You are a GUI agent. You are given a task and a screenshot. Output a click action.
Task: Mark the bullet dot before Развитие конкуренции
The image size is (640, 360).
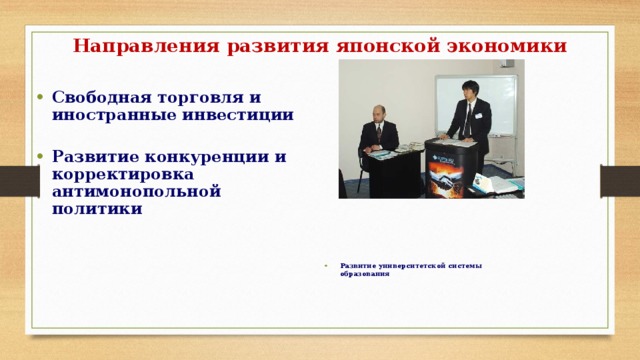click(x=37, y=157)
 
